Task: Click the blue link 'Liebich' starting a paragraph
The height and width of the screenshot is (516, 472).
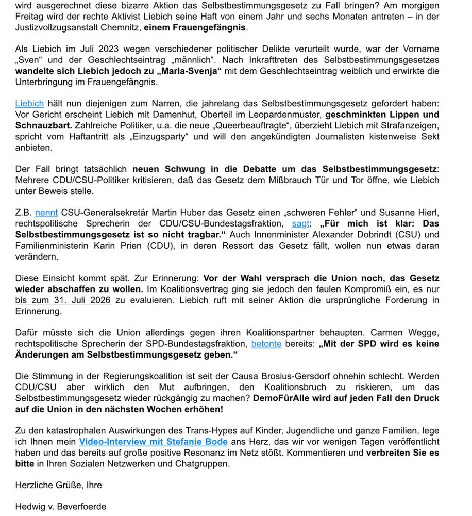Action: [29, 104]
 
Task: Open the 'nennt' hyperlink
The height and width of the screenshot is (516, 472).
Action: [46, 213]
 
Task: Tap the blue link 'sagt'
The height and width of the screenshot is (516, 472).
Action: [300, 223]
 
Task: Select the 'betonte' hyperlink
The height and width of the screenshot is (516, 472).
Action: [266, 344]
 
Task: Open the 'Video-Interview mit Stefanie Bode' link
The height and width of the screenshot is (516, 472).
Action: [153, 442]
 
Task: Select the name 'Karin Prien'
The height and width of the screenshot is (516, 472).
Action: [119, 246]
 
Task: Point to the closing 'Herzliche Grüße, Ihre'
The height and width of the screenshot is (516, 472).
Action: [58, 485]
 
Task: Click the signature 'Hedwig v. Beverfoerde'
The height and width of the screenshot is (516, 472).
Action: [61, 507]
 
